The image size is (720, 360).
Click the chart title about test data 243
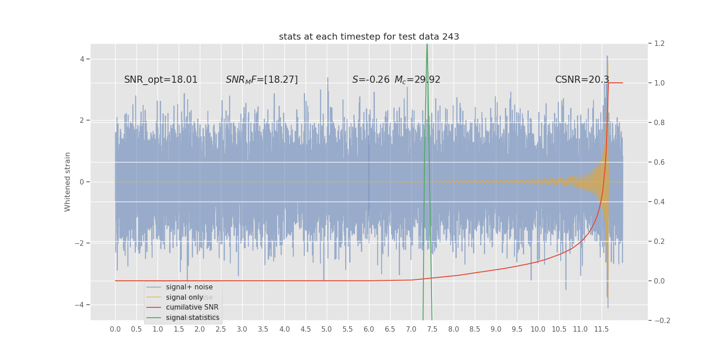pyautogui.click(x=369, y=37)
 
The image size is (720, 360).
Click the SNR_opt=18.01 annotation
pyautogui.click(x=161, y=80)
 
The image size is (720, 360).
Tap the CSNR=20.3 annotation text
pyautogui.click(x=582, y=80)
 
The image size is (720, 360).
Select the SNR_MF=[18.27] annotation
pyautogui.click(x=261, y=80)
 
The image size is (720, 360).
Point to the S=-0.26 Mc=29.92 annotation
pyautogui.click(x=396, y=80)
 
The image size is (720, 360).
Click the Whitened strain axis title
pyautogui.click(x=67, y=182)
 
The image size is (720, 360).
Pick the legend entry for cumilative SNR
pyautogui.click(x=192, y=307)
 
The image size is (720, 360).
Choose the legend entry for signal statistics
pyautogui.click(x=192, y=318)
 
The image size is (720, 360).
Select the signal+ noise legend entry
pyautogui.click(x=189, y=287)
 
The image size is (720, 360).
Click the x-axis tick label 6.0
pyautogui.click(x=369, y=329)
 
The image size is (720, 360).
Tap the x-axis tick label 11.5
pyautogui.click(x=601, y=329)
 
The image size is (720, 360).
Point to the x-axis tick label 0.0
pyautogui.click(x=115, y=329)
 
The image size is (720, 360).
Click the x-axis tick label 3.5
pyautogui.click(x=263, y=329)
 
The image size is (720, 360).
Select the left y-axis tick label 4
pyautogui.click(x=82, y=59)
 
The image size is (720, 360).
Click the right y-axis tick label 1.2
pyautogui.click(x=659, y=44)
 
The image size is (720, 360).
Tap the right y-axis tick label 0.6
pyautogui.click(x=659, y=162)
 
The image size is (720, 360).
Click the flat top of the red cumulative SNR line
pyautogui.click(x=616, y=83)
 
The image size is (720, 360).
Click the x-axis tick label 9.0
pyautogui.click(x=495, y=329)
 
